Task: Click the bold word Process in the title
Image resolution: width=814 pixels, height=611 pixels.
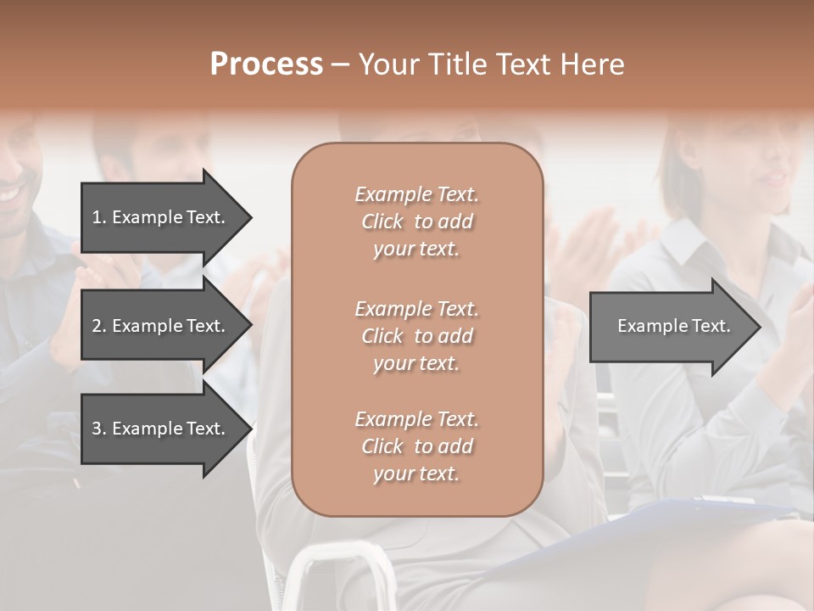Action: click(266, 64)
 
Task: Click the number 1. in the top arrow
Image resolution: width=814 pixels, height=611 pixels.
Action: click(99, 217)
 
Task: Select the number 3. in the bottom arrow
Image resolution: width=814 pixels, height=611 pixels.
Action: click(99, 429)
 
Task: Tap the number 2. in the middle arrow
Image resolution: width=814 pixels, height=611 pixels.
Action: click(99, 326)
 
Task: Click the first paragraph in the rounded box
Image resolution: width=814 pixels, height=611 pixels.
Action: click(416, 221)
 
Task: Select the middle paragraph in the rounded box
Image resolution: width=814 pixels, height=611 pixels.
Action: click(416, 336)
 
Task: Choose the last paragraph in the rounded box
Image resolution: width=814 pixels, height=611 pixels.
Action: click(416, 446)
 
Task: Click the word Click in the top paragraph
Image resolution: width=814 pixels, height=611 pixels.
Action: click(382, 221)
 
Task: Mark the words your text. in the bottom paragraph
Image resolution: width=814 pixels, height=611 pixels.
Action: click(416, 474)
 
